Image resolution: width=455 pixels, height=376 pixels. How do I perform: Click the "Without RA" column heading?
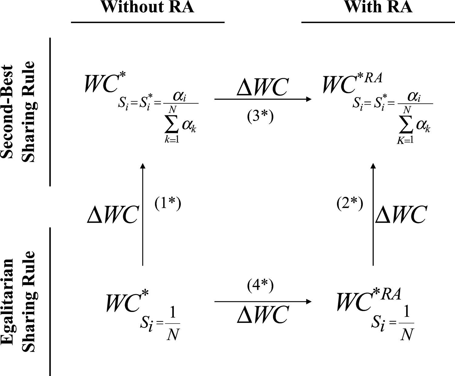(147, 7)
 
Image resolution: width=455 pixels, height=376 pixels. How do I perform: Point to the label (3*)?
(260, 117)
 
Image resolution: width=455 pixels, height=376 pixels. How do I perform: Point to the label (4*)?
(260, 286)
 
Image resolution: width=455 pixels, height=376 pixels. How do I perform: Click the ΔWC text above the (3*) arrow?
(262, 87)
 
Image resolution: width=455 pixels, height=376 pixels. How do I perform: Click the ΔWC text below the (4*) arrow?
(262, 315)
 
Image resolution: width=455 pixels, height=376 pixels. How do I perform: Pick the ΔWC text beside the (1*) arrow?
(113, 215)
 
